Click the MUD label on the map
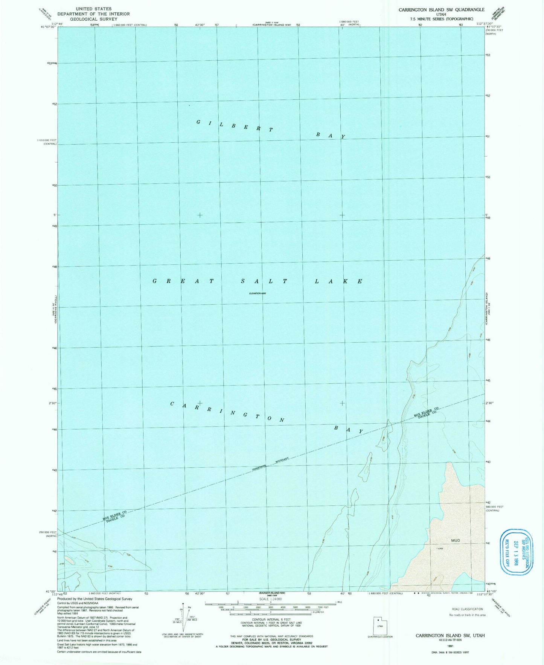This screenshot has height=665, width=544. tap(455, 540)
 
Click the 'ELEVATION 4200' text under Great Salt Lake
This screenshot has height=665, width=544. tap(260, 293)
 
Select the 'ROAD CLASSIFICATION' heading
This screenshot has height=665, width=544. tap(467, 609)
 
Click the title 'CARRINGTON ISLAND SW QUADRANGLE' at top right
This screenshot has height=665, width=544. tap(441, 9)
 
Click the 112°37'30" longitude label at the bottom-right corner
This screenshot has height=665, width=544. tap(485, 594)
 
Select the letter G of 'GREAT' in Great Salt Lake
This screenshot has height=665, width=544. tap(154, 281)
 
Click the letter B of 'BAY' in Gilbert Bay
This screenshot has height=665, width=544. tap(317, 134)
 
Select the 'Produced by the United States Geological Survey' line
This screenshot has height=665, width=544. tap(94, 599)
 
